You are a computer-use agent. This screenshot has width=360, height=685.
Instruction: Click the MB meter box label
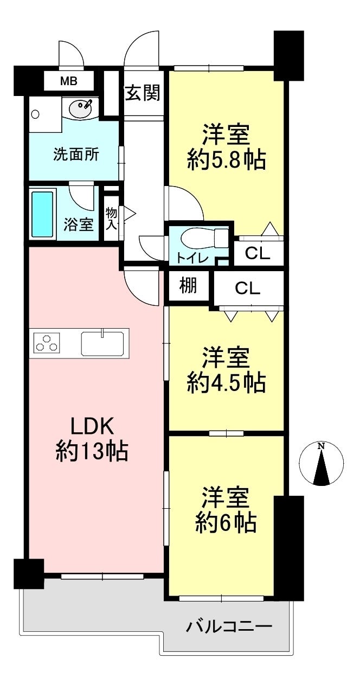(x=68, y=81)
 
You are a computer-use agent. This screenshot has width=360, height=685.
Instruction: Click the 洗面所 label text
(x=76, y=154)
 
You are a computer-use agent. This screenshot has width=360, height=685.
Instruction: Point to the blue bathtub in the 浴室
(x=42, y=214)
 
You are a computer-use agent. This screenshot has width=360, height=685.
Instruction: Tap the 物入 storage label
(x=111, y=219)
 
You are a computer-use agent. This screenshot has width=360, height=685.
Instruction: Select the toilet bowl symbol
(x=204, y=238)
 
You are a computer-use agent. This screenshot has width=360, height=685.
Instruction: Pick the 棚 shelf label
(x=188, y=285)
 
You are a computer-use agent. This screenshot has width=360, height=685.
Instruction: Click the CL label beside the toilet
(x=258, y=253)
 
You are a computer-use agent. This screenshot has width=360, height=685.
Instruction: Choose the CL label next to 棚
(x=248, y=288)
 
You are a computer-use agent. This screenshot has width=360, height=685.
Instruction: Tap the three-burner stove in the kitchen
(x=47, y=342)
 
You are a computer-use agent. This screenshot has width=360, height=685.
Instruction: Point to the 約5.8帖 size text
(x=226, y=159)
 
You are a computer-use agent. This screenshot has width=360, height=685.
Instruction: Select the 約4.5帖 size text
(x=226, y=382)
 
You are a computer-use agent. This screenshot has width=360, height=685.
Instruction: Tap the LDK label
(x=92, y=426)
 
